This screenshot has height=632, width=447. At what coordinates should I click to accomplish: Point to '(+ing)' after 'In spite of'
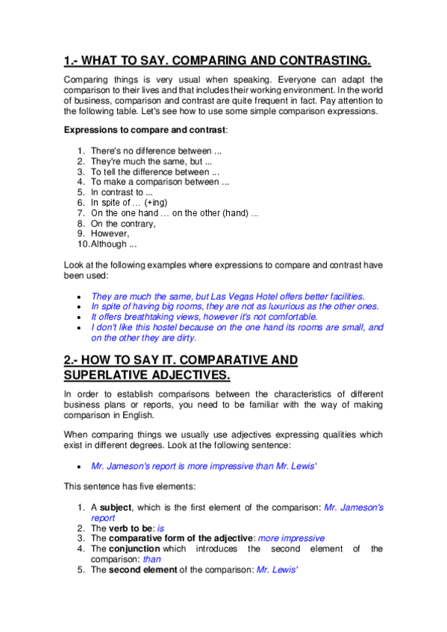(156, 203)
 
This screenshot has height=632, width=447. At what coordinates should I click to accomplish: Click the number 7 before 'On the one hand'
(81, 213)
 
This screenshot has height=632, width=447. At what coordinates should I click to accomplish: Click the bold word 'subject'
(115, 507)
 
